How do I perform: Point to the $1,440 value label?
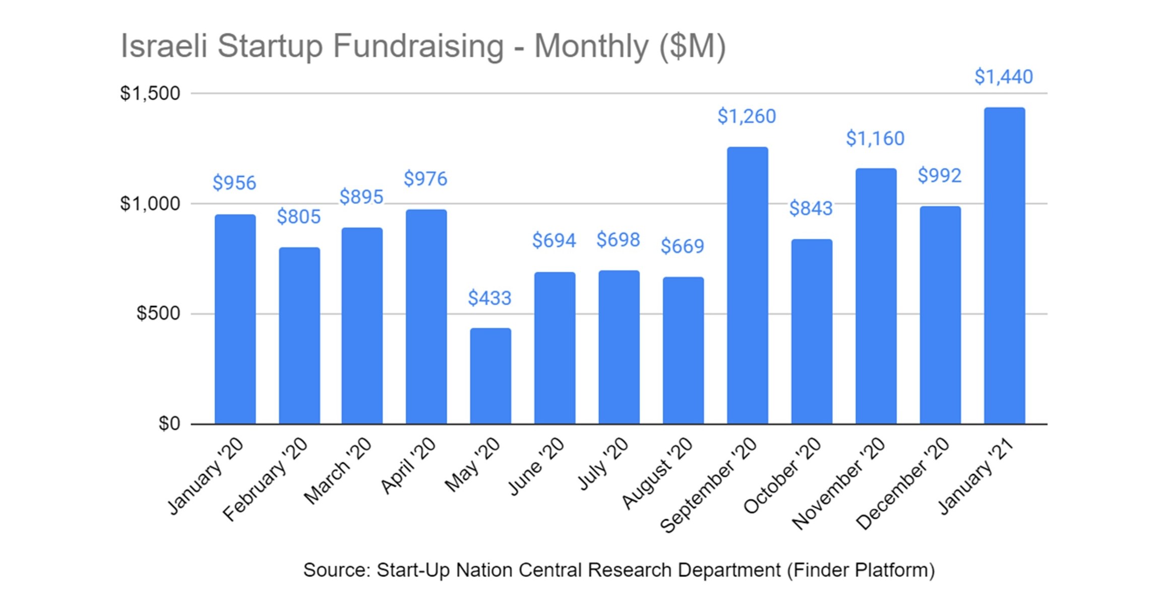tap(1003, 77)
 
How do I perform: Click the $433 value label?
tap(489, 298)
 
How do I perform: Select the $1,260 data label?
tap(747, 116)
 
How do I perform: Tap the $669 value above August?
tap(682, 246)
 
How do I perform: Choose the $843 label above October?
tap(811, 209)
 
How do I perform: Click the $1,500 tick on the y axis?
tap(150, 94)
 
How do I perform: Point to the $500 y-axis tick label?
tap(158, 313)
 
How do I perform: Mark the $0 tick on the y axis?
tap(169, 424)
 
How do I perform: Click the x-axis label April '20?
tap(408, 466)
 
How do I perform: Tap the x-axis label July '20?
tap(603, 464)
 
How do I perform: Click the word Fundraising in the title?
tap(418, 46)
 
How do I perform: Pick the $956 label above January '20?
tap(234, 183)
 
